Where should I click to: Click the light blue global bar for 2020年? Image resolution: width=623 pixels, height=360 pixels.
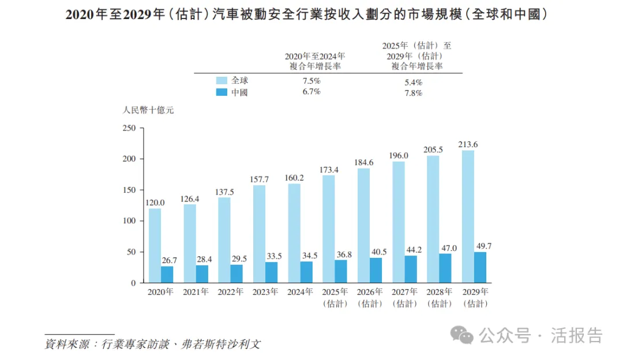point(155,246)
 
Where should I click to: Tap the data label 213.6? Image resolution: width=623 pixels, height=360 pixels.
point(468,144)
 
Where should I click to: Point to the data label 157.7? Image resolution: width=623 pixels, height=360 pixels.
point(259,179)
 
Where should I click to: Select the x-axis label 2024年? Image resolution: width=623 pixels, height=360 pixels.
point(300,292)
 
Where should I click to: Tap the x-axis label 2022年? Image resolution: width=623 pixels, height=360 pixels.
point(230,292)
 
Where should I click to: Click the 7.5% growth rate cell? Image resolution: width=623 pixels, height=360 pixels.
point(311,81)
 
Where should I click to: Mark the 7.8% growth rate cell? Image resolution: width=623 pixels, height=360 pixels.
point(414,93)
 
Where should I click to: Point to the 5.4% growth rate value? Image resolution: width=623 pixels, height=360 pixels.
point(414,82)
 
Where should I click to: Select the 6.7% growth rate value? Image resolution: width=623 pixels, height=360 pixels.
point(311,92)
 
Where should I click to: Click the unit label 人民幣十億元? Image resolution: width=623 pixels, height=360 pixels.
point(148,110)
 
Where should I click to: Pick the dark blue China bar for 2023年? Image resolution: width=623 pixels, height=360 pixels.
point(271,272)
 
